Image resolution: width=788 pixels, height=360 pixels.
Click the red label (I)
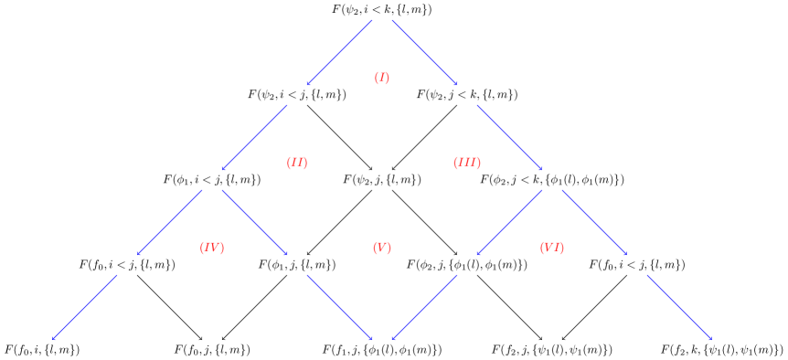381,78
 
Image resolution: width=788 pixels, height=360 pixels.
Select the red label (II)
296,163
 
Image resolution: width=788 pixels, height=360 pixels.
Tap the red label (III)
466,163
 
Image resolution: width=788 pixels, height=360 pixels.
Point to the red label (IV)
211,248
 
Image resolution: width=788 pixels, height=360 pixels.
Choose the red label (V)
381,248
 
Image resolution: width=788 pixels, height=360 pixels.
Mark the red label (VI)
551,248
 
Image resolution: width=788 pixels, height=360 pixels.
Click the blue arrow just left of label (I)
339,52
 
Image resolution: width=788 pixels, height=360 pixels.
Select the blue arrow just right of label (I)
424,52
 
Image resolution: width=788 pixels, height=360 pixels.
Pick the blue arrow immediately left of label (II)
254,137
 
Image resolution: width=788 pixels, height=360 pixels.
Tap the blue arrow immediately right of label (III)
509,137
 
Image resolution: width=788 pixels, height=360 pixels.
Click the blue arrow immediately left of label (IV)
169,222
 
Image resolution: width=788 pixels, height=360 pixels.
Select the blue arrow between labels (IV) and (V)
254,222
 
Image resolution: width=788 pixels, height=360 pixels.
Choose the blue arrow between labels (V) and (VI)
509,222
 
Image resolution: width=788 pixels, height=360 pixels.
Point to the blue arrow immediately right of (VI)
594,222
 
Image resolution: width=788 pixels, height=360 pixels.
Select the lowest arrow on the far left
85,307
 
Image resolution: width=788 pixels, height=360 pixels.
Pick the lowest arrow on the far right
678,307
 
